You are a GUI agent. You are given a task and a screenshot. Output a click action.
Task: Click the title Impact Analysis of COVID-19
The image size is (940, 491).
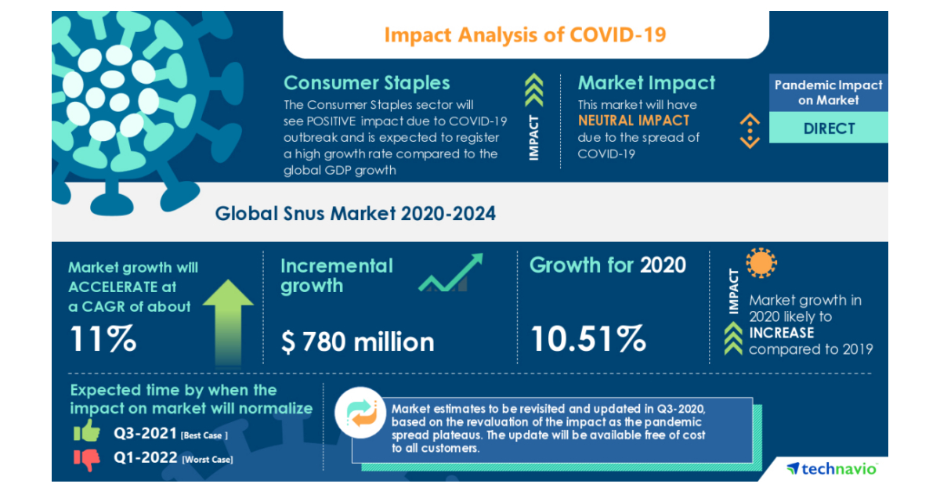525,35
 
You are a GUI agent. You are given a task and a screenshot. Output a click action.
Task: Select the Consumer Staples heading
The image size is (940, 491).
367,83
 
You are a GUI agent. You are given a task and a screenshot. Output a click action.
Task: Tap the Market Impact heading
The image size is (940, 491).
646,83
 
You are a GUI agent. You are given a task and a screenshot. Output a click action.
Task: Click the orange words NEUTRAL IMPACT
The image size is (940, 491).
634,121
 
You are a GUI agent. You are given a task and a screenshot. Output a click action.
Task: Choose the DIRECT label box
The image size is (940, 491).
829,128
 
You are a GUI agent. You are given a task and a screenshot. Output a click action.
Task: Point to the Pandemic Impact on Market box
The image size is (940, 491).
829,92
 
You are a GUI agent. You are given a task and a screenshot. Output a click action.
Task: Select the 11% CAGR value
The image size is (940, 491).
103,338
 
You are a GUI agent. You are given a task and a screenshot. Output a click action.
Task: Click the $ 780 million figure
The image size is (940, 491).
357,341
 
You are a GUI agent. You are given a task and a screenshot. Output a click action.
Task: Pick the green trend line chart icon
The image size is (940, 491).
450,274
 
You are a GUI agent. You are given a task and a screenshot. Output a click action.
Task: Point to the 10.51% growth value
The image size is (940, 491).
588,338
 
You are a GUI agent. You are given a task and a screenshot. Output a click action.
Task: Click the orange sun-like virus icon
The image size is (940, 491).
761,264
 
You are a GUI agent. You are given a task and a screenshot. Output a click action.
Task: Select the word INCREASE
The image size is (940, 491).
781,333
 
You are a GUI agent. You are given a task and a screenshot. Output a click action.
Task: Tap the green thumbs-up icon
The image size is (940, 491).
86,431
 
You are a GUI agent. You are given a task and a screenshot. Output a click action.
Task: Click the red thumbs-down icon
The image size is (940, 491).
88,459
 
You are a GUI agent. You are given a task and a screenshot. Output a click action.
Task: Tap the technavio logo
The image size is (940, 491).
832,468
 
